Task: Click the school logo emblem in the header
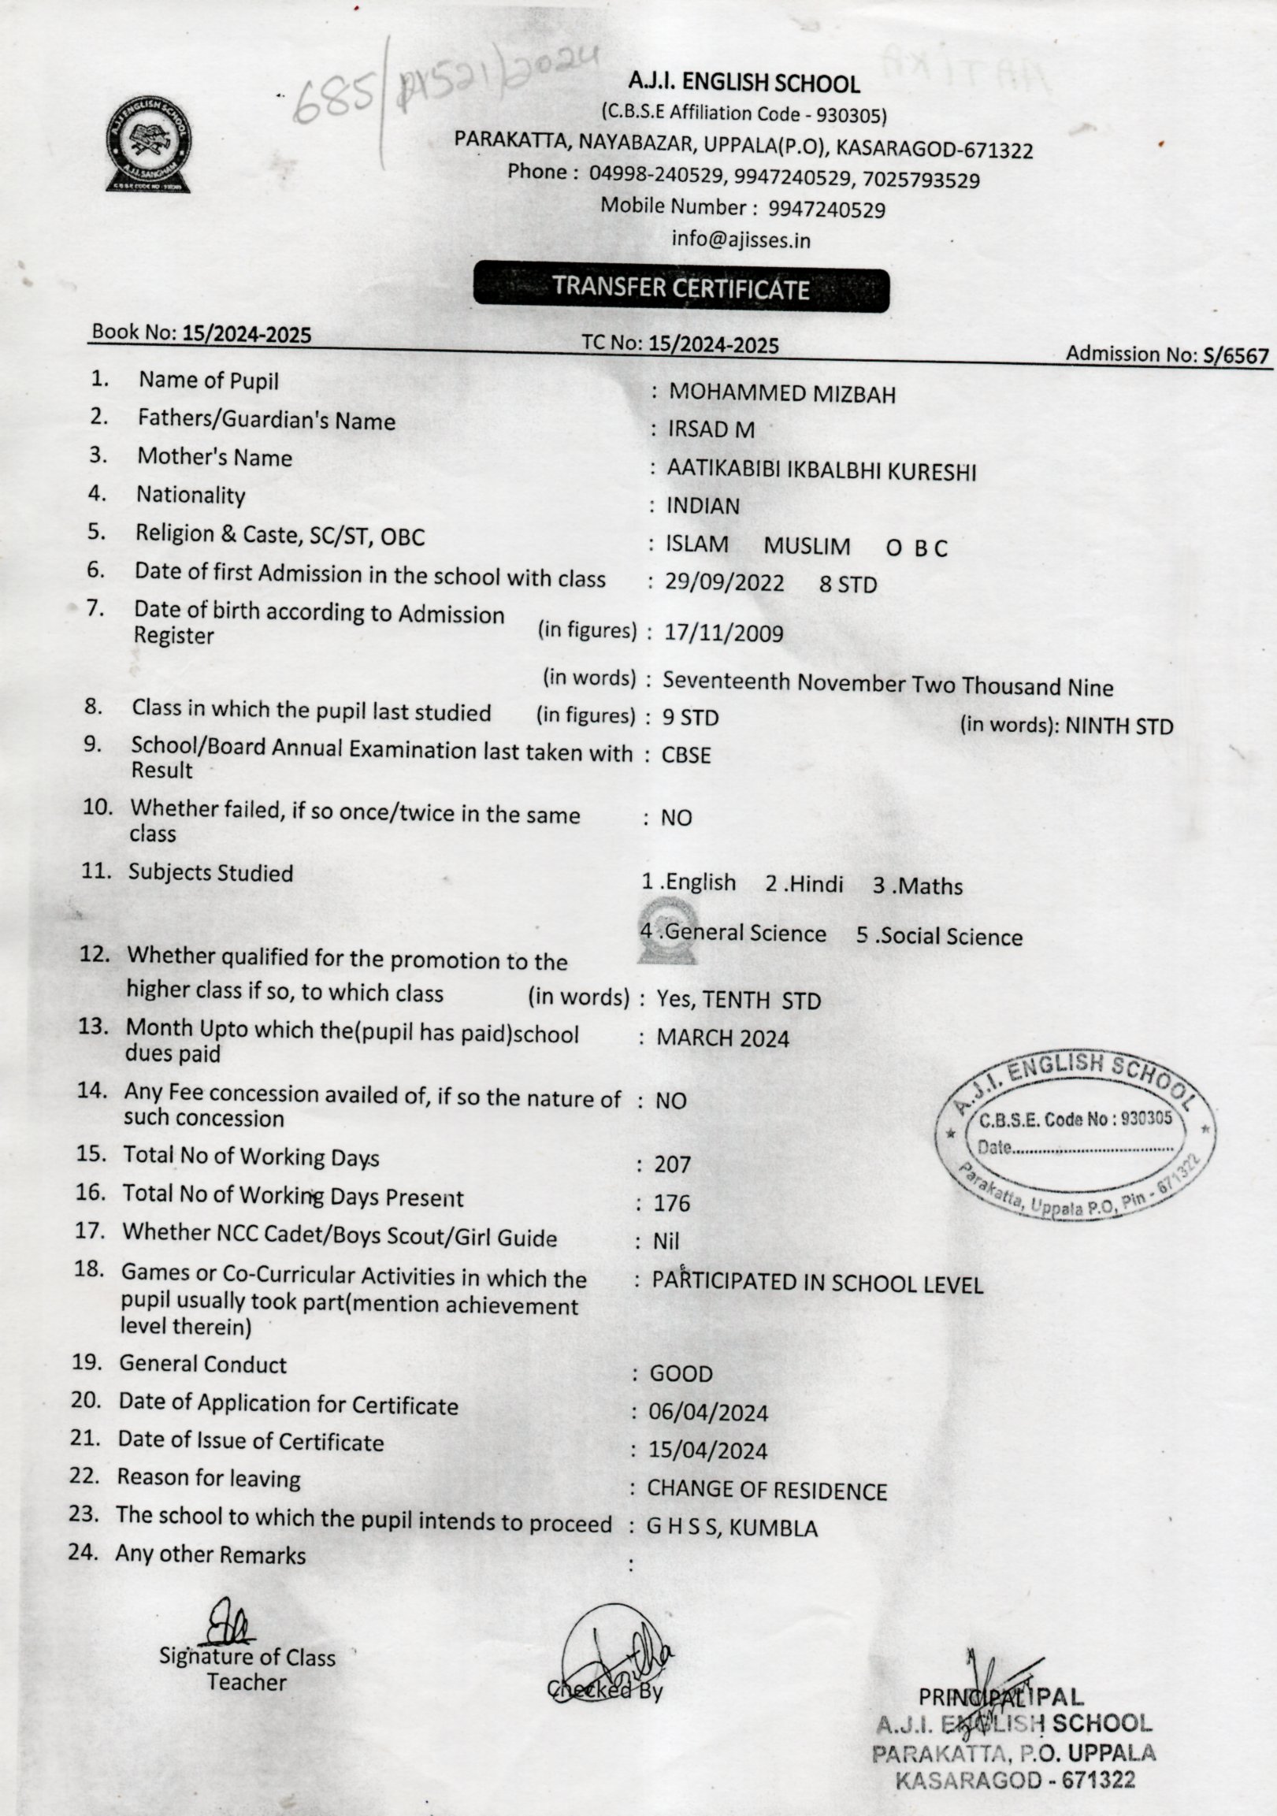tap(148, 143)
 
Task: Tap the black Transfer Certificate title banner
tap(681, 288)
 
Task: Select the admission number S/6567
tap(1235, 357)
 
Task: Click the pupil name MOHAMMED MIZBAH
tap(782, 393)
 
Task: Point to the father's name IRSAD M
tap(711, 429)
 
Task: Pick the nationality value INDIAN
tap(703, 507)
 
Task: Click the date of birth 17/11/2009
tap(723, 633)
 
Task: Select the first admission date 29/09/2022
tap(724, 583)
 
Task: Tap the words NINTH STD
tap(1119, 726)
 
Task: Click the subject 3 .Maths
tap(917, 886)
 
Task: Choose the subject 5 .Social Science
tap(938, 937)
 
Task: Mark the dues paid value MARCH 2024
tap(722, 1038)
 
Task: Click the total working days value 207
tap(672, 1164)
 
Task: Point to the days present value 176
tap(671, 1203)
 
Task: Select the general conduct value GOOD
tap(681, 1374)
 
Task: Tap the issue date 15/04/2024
tap(707, 1450)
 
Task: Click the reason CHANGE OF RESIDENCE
tap(767, 1490)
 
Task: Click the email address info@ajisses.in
tap(741, 240)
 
